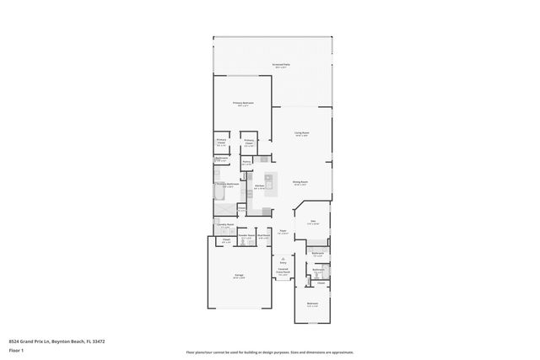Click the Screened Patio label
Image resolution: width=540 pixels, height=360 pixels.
pos(280,65)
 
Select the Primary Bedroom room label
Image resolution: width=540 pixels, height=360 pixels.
pos(245,103)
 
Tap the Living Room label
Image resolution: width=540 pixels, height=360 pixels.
pos(301,132)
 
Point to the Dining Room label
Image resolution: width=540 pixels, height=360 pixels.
pos(300,181)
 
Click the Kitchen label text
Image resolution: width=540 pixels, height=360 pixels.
pos(260,185)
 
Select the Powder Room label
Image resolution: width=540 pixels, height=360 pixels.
pos(246,236)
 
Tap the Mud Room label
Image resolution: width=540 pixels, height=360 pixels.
pos(263,236)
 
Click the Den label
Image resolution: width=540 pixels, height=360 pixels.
pos(312,222)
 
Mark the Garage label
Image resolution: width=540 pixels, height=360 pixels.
pos(240,276)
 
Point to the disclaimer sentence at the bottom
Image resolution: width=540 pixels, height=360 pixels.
pos(270,352)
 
